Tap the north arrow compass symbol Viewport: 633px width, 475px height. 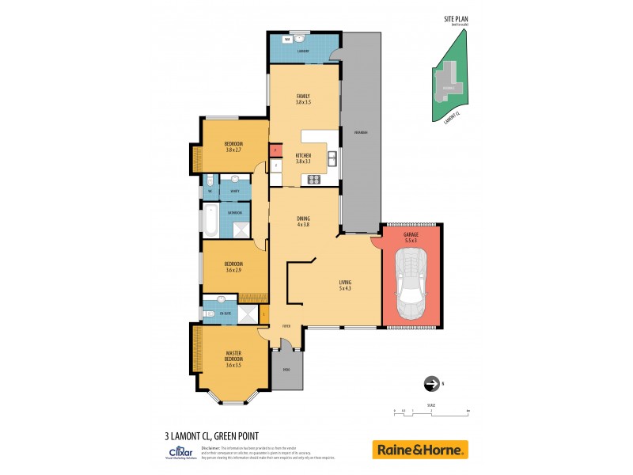432,383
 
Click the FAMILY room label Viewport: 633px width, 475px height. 303,99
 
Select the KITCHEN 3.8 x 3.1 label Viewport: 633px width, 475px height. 303,158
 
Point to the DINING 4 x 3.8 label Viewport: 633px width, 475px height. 303,222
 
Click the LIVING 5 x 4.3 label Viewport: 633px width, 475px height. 345,285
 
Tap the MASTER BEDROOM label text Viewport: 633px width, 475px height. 233,358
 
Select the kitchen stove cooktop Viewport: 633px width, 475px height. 313,178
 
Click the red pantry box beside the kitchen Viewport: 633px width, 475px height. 274,149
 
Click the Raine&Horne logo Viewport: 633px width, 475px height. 420,450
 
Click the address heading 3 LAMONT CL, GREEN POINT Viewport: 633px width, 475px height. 211,435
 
